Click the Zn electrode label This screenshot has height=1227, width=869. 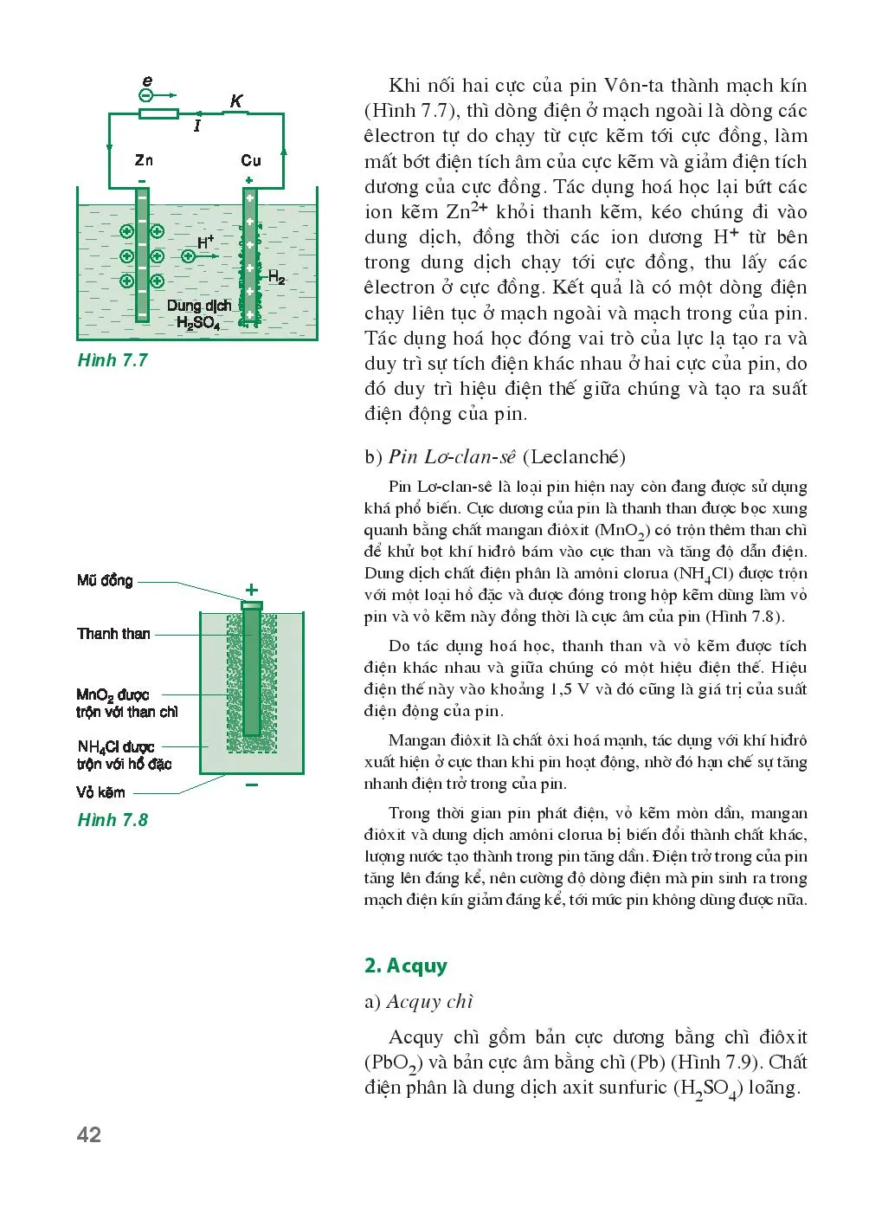pyautogui.click(x=144, y=160)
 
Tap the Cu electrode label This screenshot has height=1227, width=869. pyautogui.click(x=251, y=160)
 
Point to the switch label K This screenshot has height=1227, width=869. pyautogui.click(x=236, y=101)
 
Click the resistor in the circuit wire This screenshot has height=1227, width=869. pyautogui.click(x=158, y=113)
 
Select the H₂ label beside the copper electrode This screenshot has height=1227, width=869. pyautogui.click(x=276, y=277)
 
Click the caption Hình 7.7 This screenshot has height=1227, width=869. pyautogui.click(x=113, y=360)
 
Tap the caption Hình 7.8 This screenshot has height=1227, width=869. pyautogui.click(x=113, y=819)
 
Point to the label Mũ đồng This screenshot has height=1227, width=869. pyautogui.click(x=105, y=580)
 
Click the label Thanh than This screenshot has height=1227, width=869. pyautogui.click(x=113, y=634)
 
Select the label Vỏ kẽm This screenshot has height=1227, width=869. pyautogui.click(x=100, y=792)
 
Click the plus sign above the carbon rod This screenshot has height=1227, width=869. pyautogui.click(x=252, y=590)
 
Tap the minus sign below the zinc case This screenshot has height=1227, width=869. pyautogui.click(x=252, y=785)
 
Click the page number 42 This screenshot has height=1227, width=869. pyautogui.click(x=89, y=1134)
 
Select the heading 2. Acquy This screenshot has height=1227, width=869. pyautogui.click(x=406, y=965)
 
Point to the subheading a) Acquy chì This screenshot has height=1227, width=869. pyautogui.click(x=419, y=1002)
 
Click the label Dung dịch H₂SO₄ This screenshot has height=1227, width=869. pyautogui.click(x=199, y=314)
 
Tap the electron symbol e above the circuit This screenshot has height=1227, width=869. pyautogui.click(x=147, y=82)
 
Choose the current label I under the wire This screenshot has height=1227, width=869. pyautogui.click(x=197, y=126)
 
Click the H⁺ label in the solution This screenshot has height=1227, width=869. pyautogui.click(x=205, y=243)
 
